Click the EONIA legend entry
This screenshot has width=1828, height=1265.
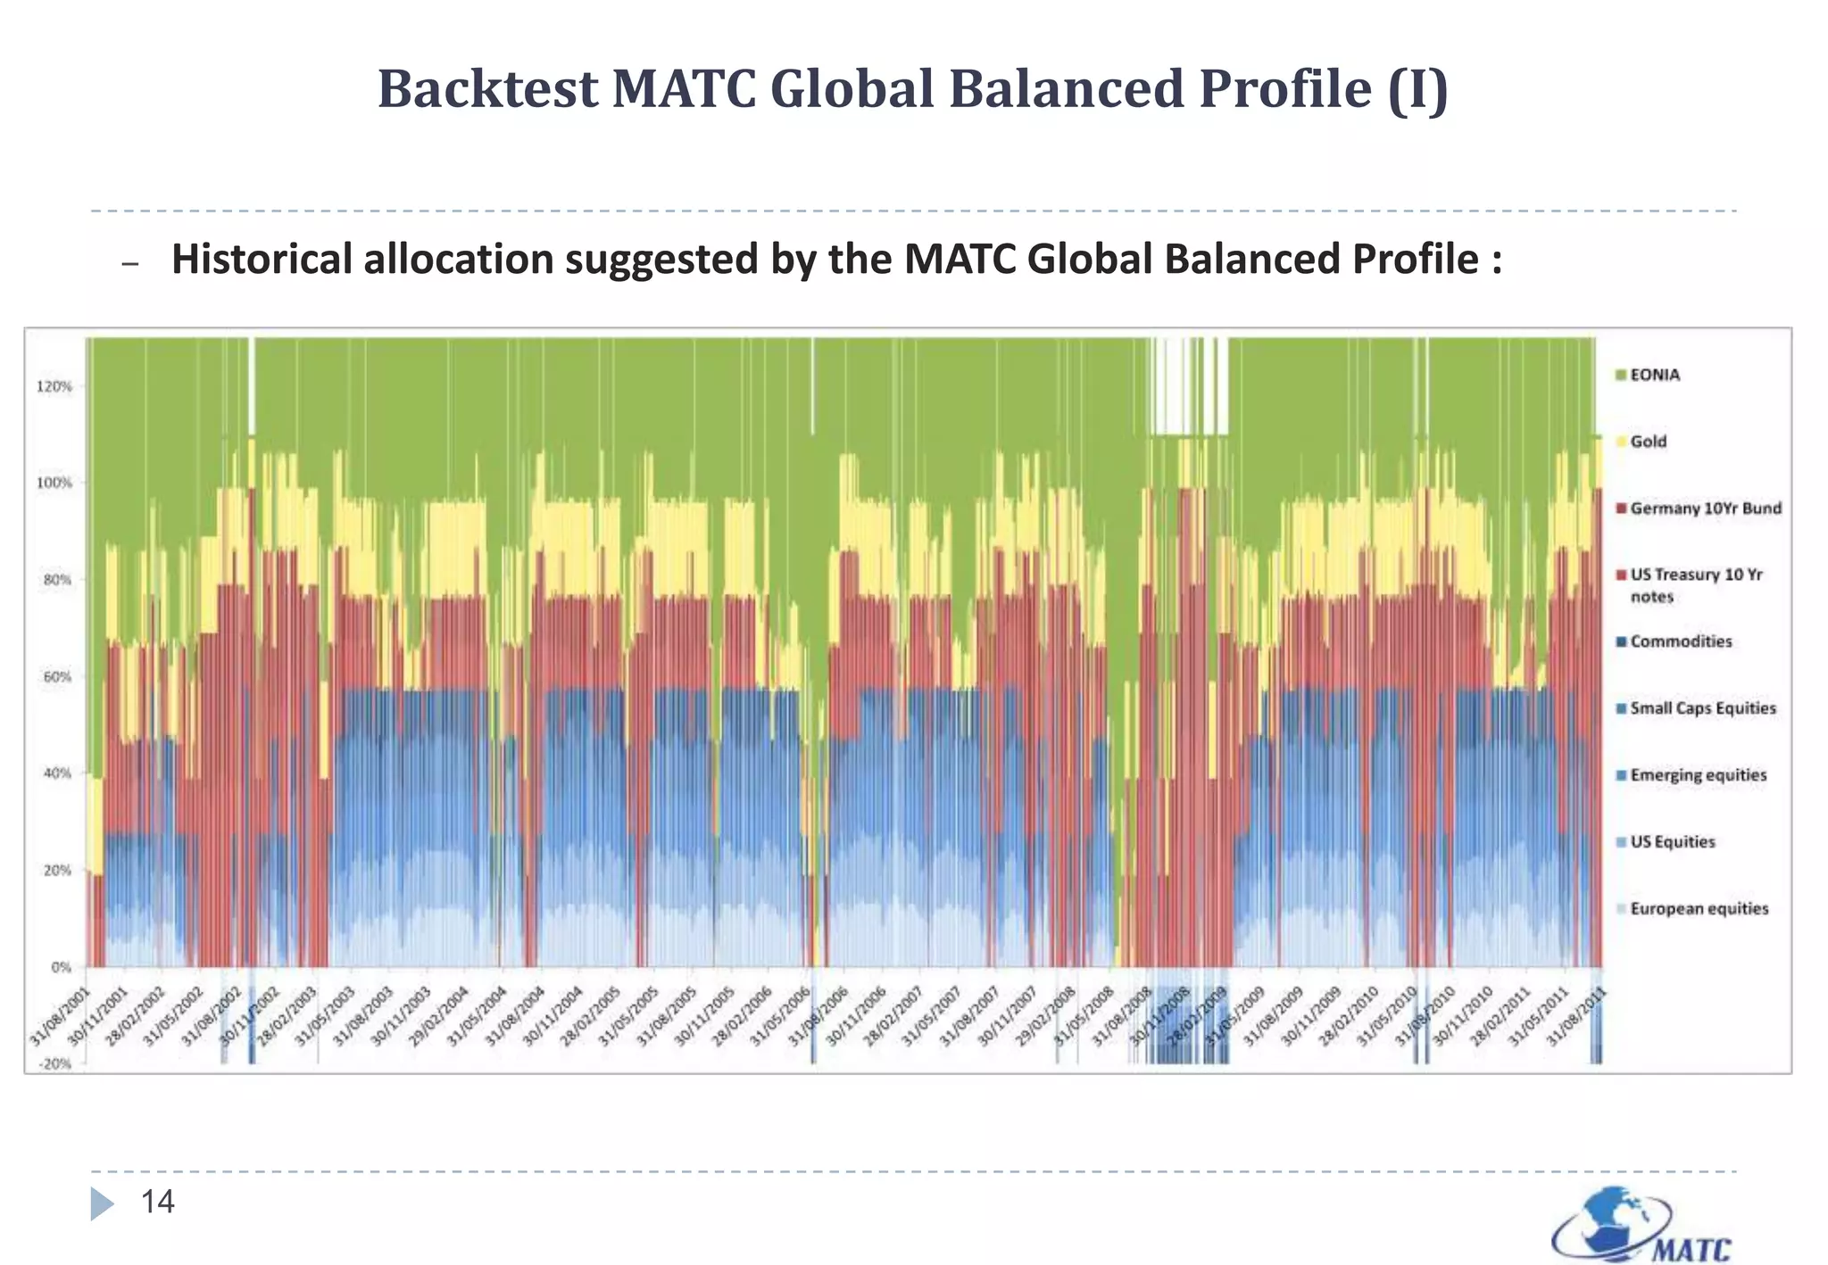1654,375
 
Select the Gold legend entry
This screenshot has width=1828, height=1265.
1647,442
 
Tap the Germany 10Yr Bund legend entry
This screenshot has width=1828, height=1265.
1704,508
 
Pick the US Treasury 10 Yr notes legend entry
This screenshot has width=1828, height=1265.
1695,585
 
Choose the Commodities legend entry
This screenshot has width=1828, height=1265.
1680,641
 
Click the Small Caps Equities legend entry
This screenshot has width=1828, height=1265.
1702,708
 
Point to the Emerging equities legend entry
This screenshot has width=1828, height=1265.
1697,775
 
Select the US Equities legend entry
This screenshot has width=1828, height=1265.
1672,842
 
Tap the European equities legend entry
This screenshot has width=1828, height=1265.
1699,909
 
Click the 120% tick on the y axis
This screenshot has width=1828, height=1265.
55,386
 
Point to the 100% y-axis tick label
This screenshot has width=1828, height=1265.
55,483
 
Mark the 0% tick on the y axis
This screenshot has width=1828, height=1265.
62,967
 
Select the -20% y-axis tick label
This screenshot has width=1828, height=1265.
55,1064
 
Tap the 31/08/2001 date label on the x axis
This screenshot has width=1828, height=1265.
61,1017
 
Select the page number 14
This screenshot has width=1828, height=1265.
158,1203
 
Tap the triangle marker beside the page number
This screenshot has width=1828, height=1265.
102,1203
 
